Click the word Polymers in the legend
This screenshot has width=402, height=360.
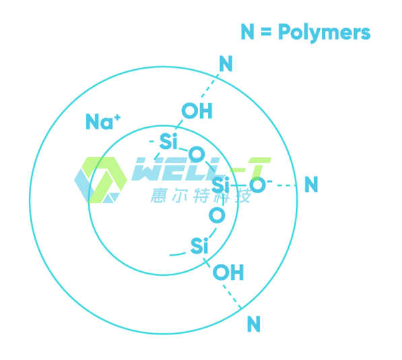(x=325, y=32)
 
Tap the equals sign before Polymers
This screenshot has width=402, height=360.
(x=266, y=32)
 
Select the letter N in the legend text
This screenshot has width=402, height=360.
(x=247, y=32)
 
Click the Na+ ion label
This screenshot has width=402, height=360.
(x=103, y=121)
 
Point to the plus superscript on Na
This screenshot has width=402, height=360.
(x=117, y=118)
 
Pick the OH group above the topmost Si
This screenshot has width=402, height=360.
(x=197, y=110)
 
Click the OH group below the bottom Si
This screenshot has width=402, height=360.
(x=228, y=272)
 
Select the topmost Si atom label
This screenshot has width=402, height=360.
(x=168, y=141)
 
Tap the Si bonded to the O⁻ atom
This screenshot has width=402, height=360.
(x=220, y=184)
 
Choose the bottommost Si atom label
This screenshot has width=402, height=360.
(x=199, y=246)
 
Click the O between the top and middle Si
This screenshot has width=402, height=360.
(x=197, y=155)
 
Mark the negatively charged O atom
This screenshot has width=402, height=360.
(x=258, y=185)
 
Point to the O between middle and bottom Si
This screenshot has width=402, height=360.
(x=217, y=215)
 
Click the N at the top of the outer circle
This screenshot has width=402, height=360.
(x=226, y=63)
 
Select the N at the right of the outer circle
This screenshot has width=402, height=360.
(x=311, y=184)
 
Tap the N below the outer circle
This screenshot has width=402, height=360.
(x=254, y=324)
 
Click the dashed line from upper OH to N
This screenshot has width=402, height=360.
(x=210, y=86)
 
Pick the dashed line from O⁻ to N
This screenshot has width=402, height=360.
(x=287, y=185)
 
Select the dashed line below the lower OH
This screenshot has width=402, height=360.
(x=232, y=297)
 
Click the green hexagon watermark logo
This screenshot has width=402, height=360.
(x=100, y=180)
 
